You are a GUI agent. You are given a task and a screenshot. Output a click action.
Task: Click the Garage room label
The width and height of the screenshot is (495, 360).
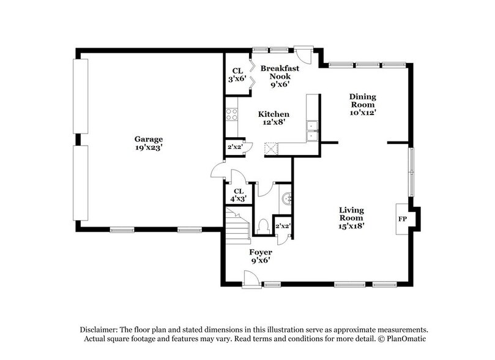(x=148, y=138)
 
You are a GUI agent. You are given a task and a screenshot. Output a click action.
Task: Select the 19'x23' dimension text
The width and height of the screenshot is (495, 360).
(x=148, y=147)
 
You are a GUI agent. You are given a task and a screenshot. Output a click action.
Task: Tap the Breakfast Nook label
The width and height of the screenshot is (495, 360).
(x=280, y=73)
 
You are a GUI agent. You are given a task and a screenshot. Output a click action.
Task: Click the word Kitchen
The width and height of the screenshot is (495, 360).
(x=273, y=114)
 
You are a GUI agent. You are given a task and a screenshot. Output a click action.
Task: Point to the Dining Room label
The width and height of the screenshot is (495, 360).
(x=362, y=100)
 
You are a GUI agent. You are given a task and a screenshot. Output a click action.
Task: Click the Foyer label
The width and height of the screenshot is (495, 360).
(x=261, y=252)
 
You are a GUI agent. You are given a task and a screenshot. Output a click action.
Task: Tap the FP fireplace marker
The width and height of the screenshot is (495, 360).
(x=403, y=219)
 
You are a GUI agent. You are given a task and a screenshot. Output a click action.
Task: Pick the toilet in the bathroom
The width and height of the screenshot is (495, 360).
(x=263, y=226)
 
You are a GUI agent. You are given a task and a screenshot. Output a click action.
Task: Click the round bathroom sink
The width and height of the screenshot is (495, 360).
(x=287, y=198)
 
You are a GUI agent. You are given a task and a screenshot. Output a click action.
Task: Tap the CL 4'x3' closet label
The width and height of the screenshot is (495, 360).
(x=236, y=194)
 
